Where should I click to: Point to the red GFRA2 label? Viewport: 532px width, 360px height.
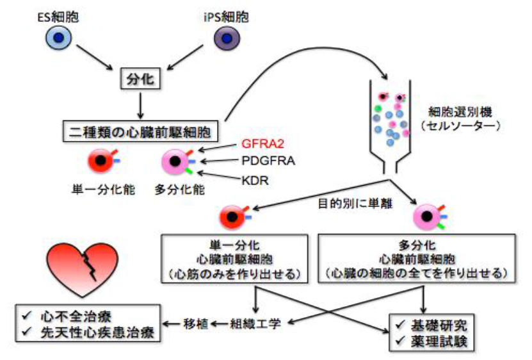pyautogui.click(x=262, y=145)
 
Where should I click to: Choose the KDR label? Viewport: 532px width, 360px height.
pyautogui.click(x=255, y=180)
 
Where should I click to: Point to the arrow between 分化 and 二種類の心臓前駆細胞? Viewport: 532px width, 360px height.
pyautogui.click(x=136, y=105)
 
